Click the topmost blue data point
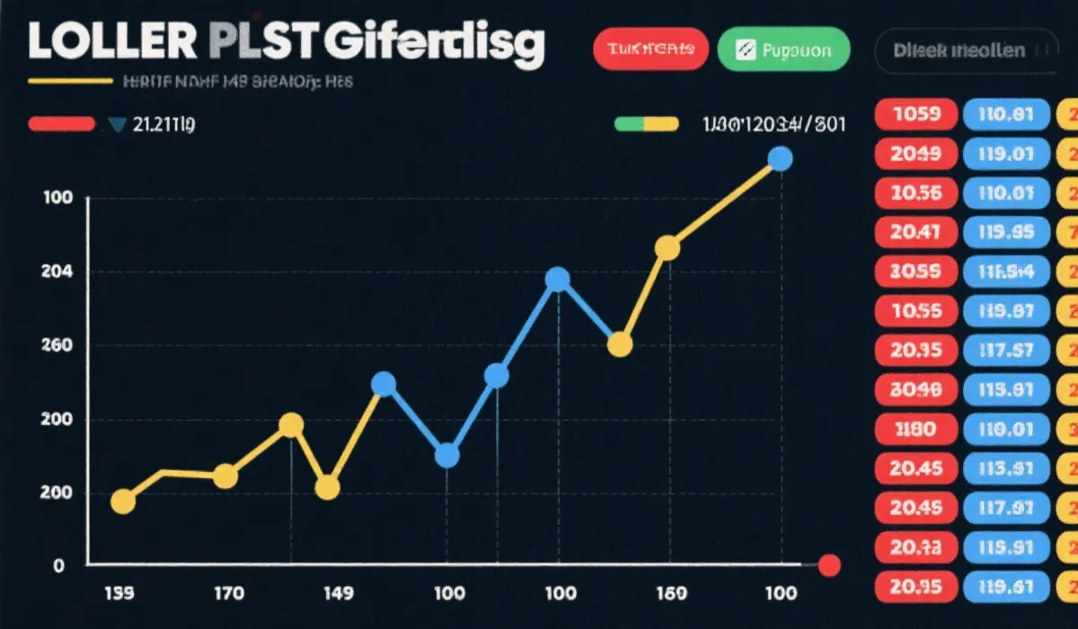click(x=781, y=159)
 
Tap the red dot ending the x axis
click(x=830, y=565)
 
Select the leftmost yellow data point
click(x=123, y=502)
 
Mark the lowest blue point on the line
click(x=446, y=456)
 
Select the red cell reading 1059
click(x=915, y=114)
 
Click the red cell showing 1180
click(x=915, y=428)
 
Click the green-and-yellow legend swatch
click(x=646, y=124)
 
